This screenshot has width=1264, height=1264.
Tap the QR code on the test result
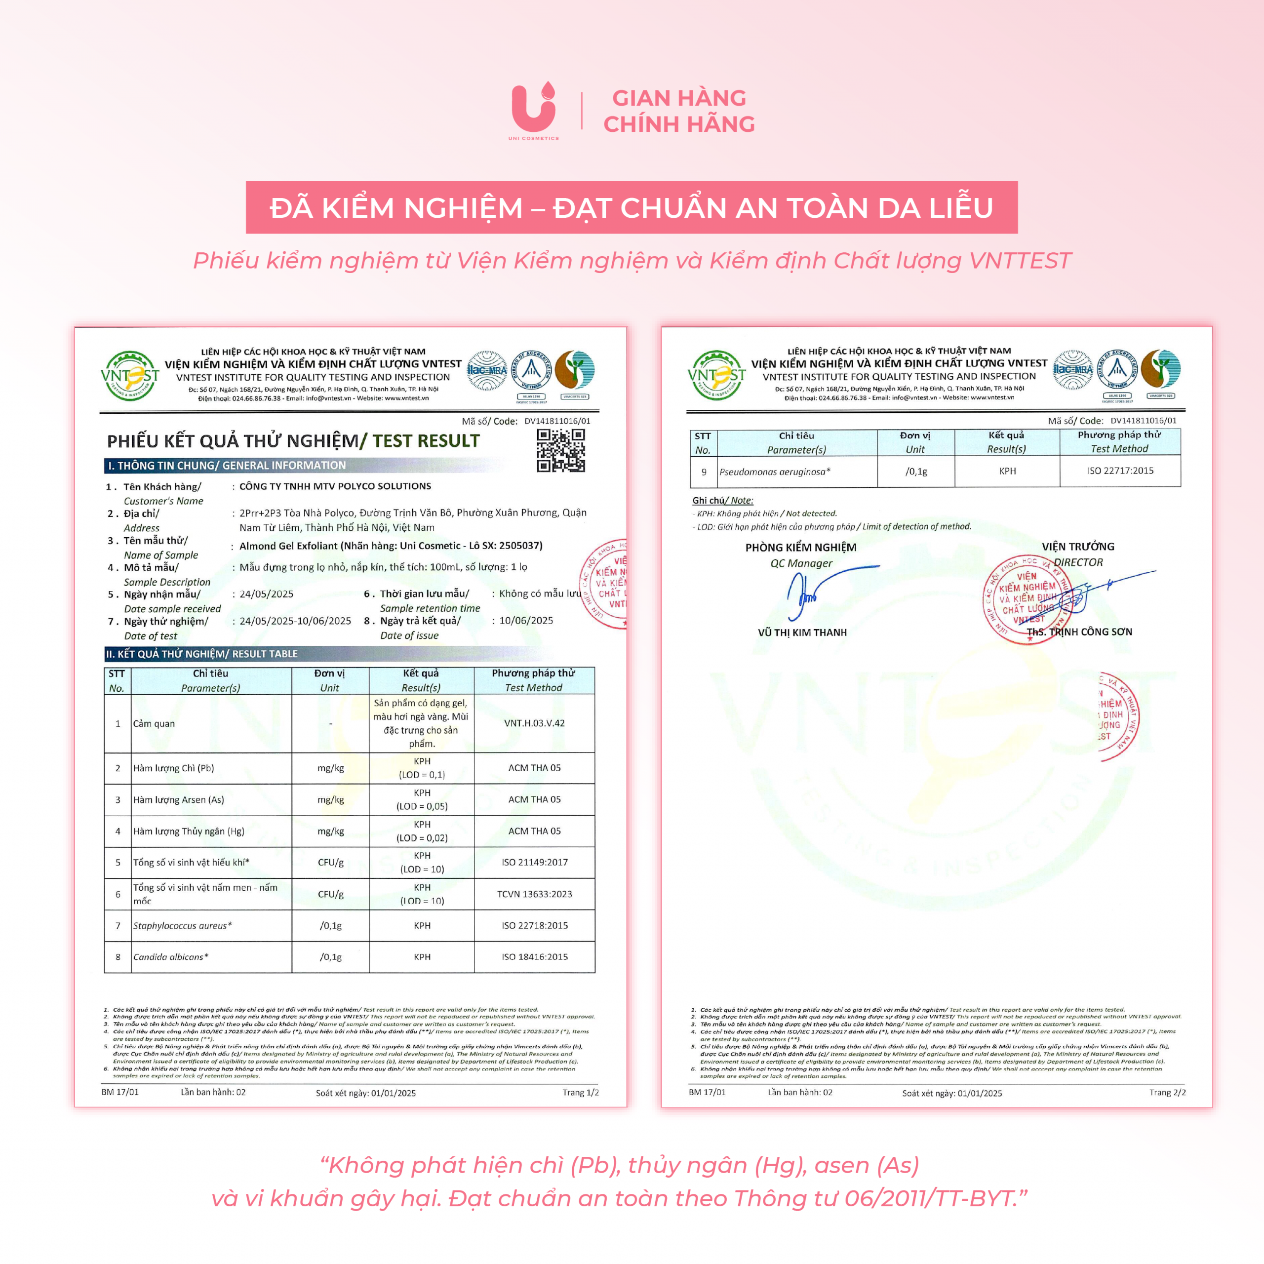coord(561,450)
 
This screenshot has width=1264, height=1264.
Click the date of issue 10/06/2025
coord(526,620)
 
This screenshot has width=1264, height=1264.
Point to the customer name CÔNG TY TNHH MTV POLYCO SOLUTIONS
coord(335,486)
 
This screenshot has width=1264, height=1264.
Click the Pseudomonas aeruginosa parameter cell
coord(775,472)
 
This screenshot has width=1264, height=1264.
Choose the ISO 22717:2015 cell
coord(1120,471)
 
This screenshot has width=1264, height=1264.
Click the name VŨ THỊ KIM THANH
coord(802,632)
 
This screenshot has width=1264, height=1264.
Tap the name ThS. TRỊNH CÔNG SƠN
coord(1079,632)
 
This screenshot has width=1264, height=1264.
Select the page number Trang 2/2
coord(1167,1093)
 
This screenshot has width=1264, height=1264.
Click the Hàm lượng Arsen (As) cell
coord(179,799)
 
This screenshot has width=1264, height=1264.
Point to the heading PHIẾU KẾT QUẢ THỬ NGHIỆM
coord(233,441)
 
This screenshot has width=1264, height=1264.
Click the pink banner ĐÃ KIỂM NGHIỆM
coord(632,207)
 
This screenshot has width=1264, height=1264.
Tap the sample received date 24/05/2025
coord(266,594)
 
